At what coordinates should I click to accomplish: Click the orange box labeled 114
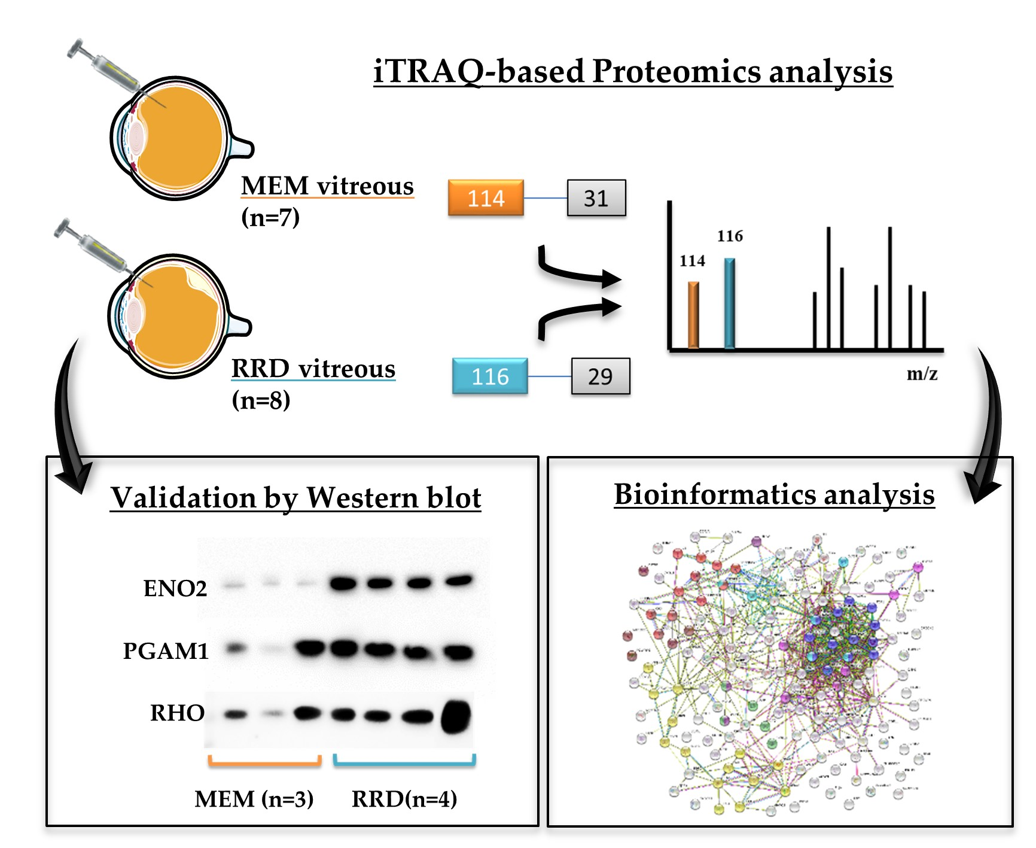click(x=486, y=197)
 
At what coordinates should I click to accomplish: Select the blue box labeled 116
click(x=490, y=376)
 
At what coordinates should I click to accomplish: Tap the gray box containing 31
click(x=596, y=197)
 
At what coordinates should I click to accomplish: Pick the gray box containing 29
click(x=600, y=376)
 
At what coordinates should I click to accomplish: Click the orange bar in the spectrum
click(x=693, y=315)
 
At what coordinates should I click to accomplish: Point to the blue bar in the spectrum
click(x=729, y=303)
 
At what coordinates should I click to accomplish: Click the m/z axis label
click(x=922, y=374)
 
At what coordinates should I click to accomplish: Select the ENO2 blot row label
click(x=175, y=588)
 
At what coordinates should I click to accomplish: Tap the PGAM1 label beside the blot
click(x=166, y=651)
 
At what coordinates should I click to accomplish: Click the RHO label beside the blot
click(x=177, y=713)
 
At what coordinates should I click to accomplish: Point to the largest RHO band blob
click(x=456, y=716)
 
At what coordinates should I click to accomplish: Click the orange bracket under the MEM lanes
click(x=264, y=762)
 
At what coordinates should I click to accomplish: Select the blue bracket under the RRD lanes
click(x=404, y=762)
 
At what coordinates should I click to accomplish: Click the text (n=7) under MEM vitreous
click(x=270, y=217)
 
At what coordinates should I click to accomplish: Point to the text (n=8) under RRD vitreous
click(x=261, y=400)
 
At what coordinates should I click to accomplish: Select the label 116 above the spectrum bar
click(x=730, y=236)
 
